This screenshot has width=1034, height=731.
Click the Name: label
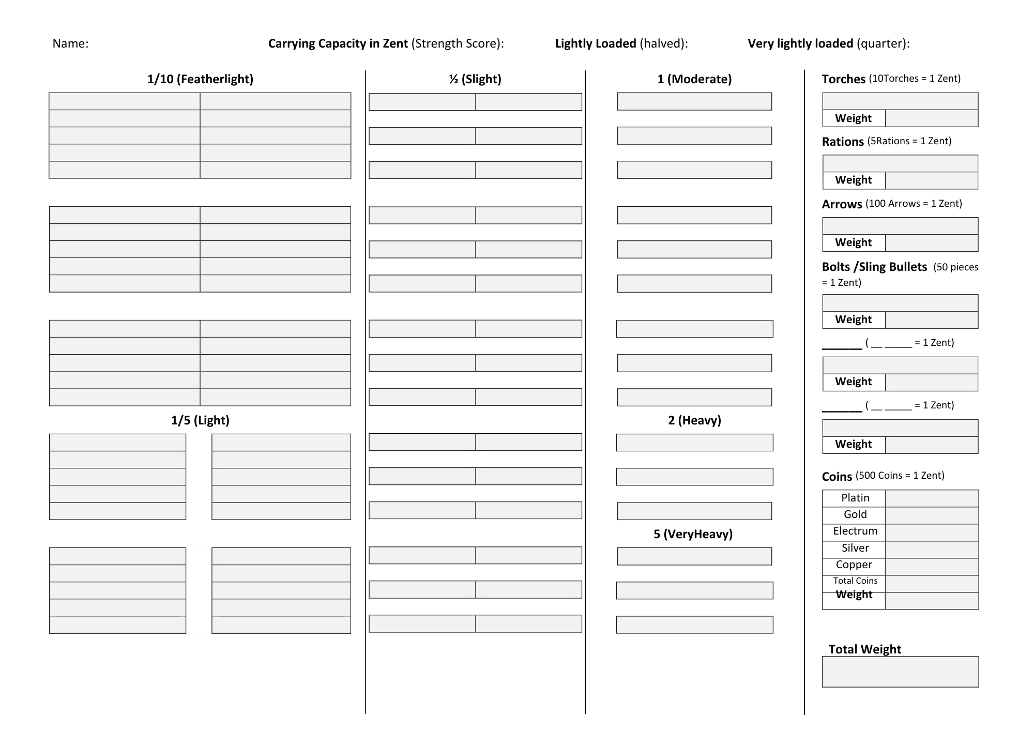(x=70, y=43)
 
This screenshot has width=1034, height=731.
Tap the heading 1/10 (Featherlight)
(x=200, y=79)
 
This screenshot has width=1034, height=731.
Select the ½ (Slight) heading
(x=475, y=79)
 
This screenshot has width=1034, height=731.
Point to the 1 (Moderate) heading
(x=694, y=79)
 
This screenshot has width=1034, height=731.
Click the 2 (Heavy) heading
(x=694, y=420)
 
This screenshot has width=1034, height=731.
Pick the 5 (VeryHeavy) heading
(x=693, y=534)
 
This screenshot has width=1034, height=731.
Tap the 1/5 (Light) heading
(x=200, y=420)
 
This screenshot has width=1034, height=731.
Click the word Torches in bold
(x=843, y=79)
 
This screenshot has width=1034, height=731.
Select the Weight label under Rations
(x=853, y=180)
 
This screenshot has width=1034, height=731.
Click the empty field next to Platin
(x=932, y=498)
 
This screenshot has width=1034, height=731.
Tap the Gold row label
(x=855, y=514)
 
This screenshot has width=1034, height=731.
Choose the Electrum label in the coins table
(x=855, y=531)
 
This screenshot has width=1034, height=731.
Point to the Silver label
(x=855, y=548)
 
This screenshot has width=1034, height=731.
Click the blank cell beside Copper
(x=932, y=566)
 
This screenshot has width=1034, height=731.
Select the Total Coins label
(x=855, y=581)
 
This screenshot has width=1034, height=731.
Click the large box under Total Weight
(x=900, y=672)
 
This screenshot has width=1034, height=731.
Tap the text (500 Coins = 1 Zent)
(x=900, y=475)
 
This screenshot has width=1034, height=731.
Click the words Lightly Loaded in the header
(x=596, y=43)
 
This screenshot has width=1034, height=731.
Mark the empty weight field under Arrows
(x=932, y=243)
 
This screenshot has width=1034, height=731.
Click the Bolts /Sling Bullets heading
(x=874, y=267)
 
